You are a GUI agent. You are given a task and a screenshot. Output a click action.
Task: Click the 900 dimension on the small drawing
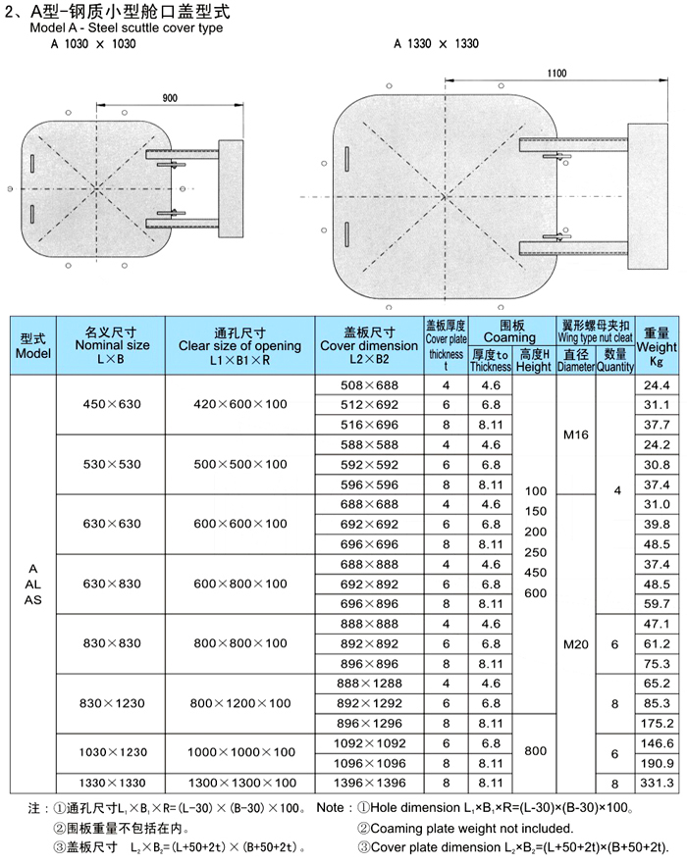click(171, 98)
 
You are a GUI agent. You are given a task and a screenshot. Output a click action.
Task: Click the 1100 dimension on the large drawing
click(556, 75)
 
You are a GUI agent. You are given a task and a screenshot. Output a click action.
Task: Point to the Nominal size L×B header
click(112, 346)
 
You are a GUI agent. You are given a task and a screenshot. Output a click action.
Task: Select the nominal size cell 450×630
click(112, 404)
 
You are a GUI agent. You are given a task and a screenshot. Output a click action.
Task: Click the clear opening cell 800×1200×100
click(239, 703)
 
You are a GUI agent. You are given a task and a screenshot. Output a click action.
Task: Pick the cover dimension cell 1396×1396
click(369, 783)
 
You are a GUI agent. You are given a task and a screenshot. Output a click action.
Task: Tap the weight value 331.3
click(657, 783)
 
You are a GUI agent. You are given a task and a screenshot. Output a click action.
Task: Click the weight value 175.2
click(657, 724)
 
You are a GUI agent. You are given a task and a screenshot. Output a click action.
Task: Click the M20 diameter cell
click(576, 644)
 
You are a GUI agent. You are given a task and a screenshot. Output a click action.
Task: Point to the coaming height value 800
click(535, 751)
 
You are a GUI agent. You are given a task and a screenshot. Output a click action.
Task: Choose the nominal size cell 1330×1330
click(112, 783)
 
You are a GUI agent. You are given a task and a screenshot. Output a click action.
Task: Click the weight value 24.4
click(657, 384)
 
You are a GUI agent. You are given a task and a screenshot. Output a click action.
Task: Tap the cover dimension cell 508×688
click(369, 384)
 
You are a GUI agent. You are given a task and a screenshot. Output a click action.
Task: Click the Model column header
click(33, 346)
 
